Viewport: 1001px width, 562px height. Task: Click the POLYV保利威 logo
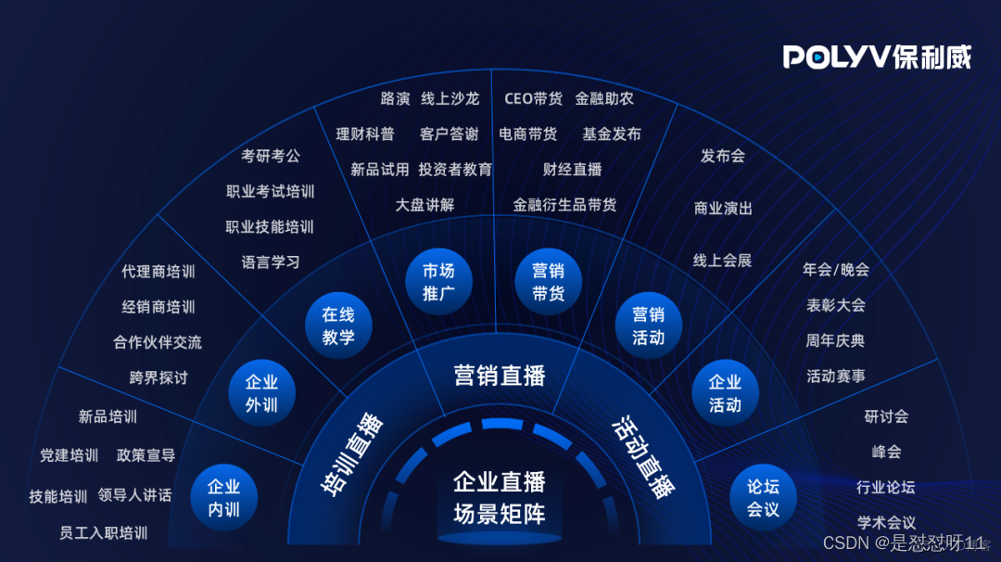point(877,57)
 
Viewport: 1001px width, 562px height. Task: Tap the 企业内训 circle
point(223,497)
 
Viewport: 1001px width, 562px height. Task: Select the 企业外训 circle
point(261,393)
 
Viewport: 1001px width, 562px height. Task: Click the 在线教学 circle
point(338,326)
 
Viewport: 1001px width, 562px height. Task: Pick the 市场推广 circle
point(438,282)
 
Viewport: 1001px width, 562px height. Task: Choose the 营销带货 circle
point(548,282)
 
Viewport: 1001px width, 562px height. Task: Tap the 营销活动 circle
point(648,326)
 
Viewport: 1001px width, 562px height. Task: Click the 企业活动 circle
point(725,393)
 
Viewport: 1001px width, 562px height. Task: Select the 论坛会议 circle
point(763,497)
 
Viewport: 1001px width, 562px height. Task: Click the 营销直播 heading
point(500,376)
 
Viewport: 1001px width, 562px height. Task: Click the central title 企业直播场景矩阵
point(500,498)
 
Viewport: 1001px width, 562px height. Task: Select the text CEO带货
point(533,98)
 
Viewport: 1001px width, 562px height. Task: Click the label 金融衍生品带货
point(564,204)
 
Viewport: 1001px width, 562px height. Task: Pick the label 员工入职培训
point(103,532)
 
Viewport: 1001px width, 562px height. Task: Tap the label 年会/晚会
point(835,269)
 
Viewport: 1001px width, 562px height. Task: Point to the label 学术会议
point(885,522)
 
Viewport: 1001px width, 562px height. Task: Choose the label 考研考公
point(271,156)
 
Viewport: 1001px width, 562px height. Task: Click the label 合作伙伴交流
point(158,341)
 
